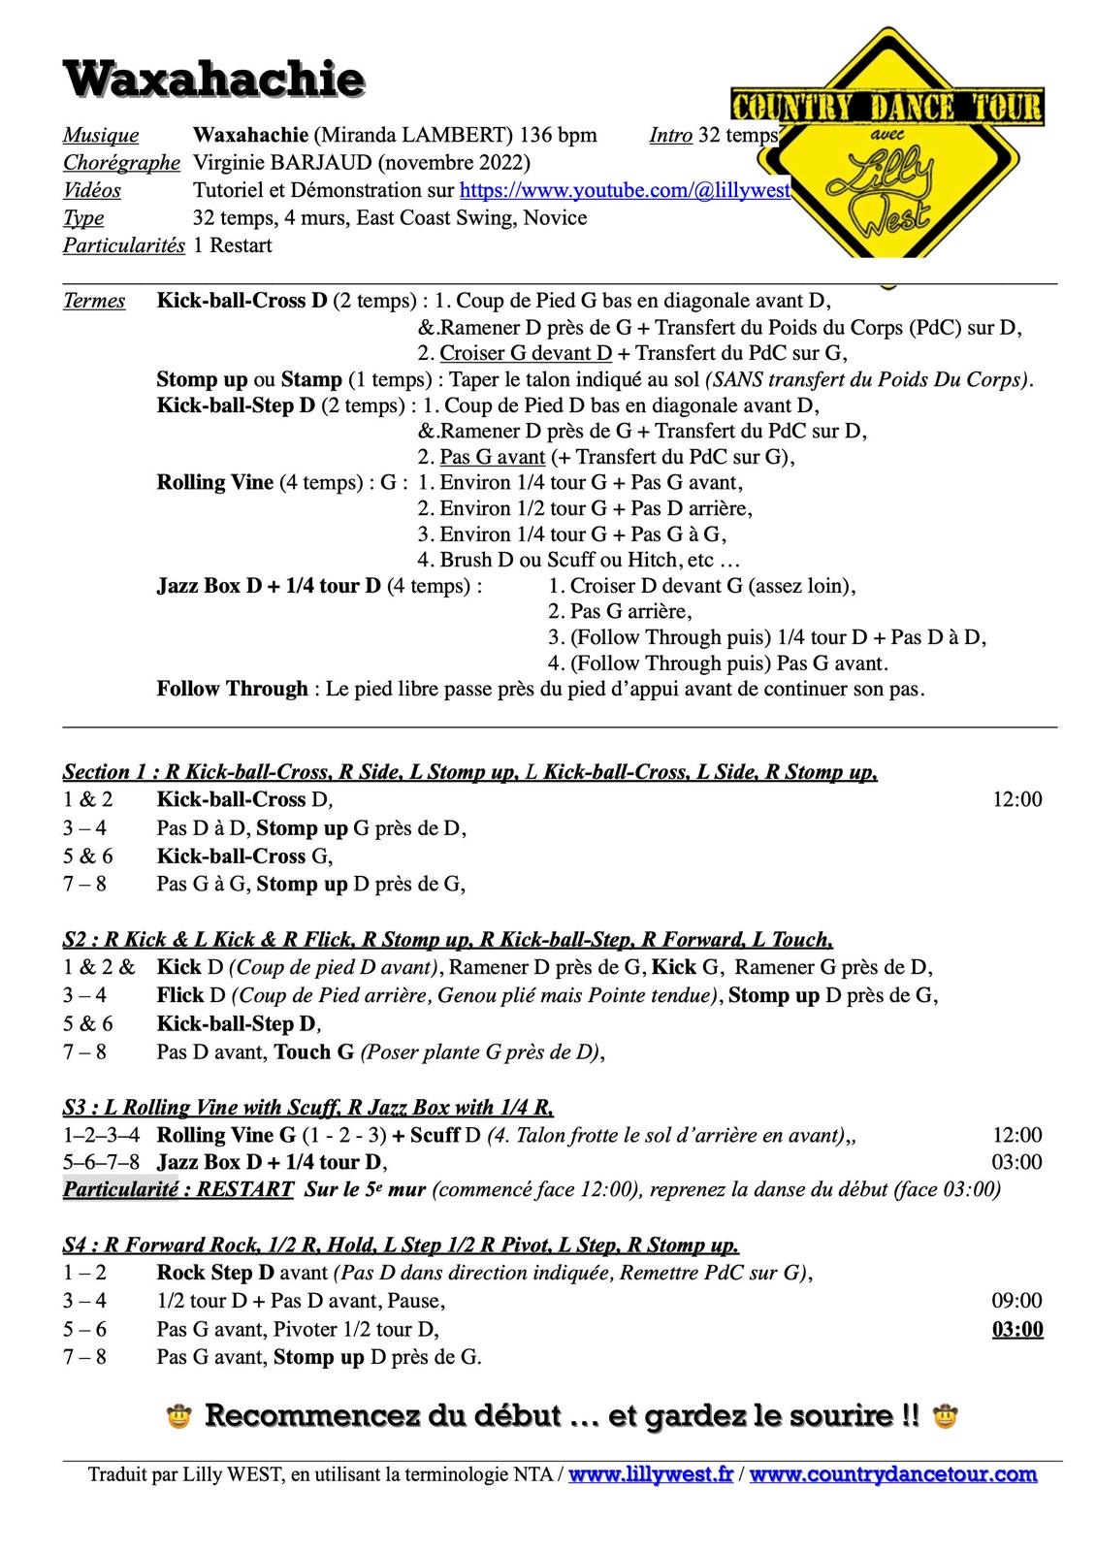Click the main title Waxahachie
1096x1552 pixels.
[x=214, y=78]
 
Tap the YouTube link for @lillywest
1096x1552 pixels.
[x=624, y=190]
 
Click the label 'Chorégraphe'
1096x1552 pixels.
[x=121, y=162]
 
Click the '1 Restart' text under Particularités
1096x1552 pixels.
[x=233, y=245]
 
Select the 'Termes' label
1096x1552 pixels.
[x=94, y=301]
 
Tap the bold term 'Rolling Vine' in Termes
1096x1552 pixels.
[x=215, y=483]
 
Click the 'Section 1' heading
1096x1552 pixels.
[x=109, y=772]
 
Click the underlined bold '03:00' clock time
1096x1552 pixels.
[x=1016, y=1329]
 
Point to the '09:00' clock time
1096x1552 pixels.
[x=1016, y=1301]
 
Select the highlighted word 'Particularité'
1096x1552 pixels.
[x=120, y=1188]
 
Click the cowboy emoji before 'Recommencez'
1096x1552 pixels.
[x=178, y=1417]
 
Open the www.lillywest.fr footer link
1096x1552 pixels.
[x=650, y=1474]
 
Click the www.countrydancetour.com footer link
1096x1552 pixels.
[x=892, y=1474]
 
